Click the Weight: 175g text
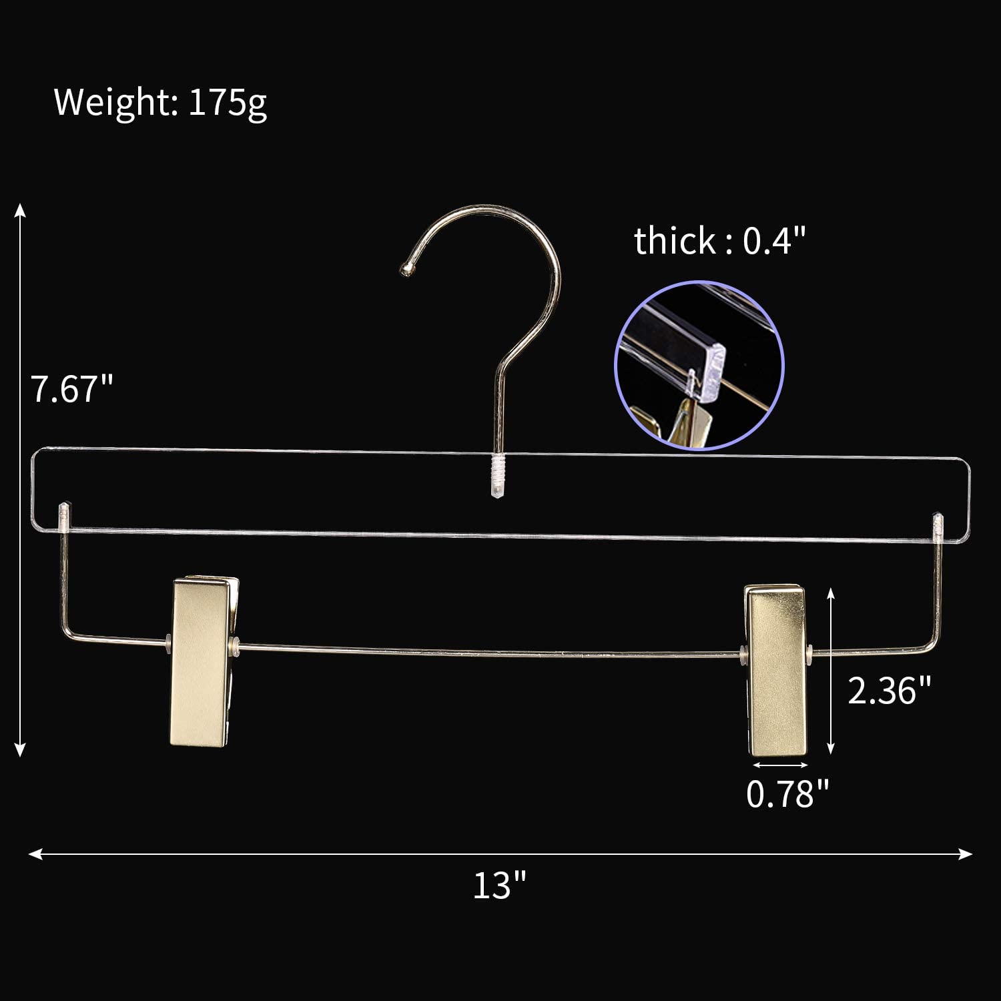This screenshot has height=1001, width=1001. (x=160, y=102)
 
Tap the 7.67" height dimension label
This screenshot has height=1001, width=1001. (x=72, y=388)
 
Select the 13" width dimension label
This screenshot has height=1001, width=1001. (x=499, y=885)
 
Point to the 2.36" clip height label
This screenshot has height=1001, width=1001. (x=889, y=690)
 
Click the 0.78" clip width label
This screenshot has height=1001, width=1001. (x=787, y=793)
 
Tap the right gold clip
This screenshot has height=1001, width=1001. (x=776, y=670)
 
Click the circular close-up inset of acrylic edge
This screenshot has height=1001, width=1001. (x=699, y=365)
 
